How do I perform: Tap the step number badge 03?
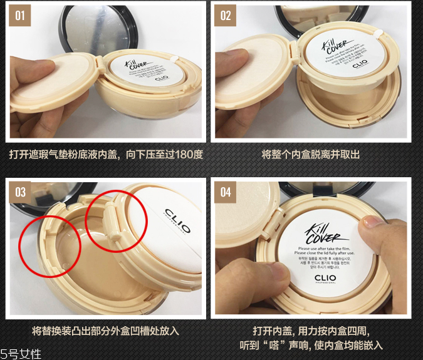20,192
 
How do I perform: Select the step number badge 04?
226,192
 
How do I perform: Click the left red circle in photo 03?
45,241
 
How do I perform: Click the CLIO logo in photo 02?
360,64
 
